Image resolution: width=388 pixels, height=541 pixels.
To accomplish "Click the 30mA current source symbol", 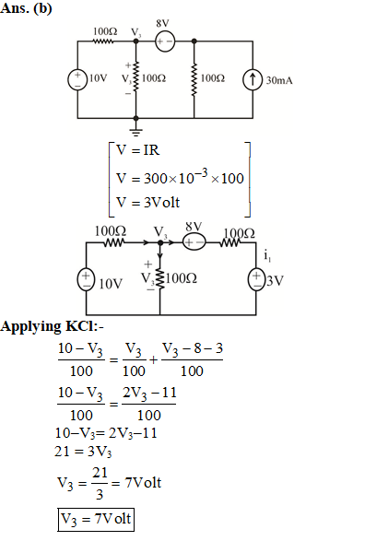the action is tap(253, 79).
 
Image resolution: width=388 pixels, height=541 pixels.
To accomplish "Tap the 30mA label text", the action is tap(279, 80).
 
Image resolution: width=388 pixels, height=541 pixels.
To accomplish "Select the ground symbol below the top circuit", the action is tap(135, 131).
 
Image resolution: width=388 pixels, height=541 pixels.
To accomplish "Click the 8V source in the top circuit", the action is tap(165, 41).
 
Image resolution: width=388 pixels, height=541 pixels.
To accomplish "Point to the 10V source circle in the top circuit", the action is tap(77, 80).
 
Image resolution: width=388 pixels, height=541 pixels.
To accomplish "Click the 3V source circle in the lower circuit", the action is tap(256, 280).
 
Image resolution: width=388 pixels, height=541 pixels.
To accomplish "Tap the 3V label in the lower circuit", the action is tap(275, 281).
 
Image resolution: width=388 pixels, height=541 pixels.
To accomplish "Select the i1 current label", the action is tap(267, 256).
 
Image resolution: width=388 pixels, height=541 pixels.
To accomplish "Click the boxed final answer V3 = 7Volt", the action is tap(96, 519).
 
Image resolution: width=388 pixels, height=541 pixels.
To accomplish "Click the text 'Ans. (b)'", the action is tap(26, 8).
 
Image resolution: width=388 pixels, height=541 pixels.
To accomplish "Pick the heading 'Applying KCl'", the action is tap(52, 326).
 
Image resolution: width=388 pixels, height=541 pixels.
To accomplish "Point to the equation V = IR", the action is tap(137, 150).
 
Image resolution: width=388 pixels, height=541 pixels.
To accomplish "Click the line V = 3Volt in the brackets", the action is tap(147, 202).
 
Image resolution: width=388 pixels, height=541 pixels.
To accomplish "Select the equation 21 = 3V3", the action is tap(83, 452).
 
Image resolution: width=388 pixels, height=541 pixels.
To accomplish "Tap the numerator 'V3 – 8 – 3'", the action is tap(192, 348).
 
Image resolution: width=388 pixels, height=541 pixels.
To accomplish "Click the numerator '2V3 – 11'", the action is tap(149, 394).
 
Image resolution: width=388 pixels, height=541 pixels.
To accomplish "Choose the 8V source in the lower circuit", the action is tap(194, 242).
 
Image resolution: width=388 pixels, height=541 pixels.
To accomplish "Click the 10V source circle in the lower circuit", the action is tap(86, 279).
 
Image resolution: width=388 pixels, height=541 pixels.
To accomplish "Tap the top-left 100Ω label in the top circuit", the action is tap(105, 31).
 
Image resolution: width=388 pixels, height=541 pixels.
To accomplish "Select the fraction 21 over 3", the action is tap(100, 483).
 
